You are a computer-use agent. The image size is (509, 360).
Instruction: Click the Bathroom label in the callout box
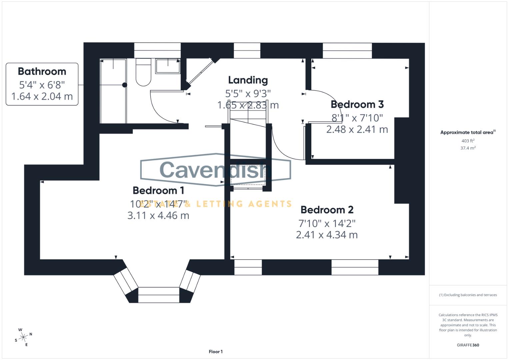point(42,71)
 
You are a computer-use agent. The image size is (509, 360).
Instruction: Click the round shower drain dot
point(125,85)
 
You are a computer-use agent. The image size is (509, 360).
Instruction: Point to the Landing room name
point(248,80)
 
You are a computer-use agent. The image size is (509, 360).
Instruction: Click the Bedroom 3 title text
point(357,104)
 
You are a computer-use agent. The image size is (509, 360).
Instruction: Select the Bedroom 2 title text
point(327,210)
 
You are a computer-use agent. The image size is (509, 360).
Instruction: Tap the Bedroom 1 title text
point(158,190)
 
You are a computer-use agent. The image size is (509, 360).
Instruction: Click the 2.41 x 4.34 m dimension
point(327,235)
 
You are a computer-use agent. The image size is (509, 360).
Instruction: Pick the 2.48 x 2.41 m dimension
point(357,129)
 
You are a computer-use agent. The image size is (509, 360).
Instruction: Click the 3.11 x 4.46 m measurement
point(158,215)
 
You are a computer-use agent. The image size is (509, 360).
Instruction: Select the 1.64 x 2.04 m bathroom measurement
point(42,96)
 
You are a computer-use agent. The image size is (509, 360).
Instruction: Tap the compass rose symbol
point(23,337)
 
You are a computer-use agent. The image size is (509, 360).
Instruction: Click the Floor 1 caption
point(216,352)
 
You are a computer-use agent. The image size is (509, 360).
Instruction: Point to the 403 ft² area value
point(468,141)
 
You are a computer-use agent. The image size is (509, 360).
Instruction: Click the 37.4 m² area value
point(468,148)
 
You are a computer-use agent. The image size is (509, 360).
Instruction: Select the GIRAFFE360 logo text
point(468,345)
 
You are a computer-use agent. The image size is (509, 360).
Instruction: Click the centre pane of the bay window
point(159,295)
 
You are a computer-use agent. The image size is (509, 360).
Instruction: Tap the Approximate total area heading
point(468,132)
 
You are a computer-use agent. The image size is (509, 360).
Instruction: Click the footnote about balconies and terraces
point(468,295)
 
